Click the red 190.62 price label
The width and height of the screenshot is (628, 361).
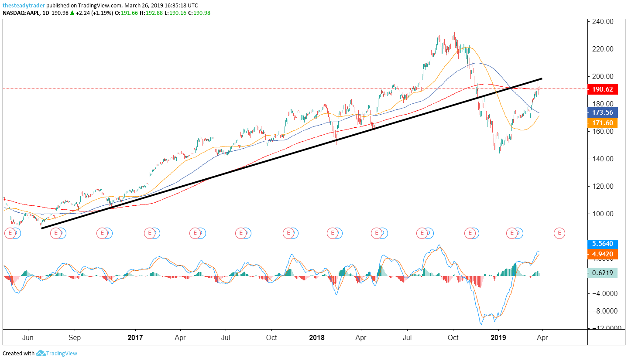[603, 89]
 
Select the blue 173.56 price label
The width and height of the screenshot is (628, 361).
[603, 112]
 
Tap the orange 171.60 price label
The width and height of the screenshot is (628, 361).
[603, 123]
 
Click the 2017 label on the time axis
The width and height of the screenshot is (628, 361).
[136, 337]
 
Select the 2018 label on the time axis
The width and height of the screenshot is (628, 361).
[317, 337]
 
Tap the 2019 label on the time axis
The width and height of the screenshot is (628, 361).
[498, 337]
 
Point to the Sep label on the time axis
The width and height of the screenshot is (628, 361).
[75, 337]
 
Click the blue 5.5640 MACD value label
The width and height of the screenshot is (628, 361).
[603, 244]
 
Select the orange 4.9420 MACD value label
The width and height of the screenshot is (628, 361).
[603, 255]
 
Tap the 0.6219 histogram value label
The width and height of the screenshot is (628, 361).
[603, 273]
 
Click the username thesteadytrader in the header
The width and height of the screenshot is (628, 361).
[24, 5]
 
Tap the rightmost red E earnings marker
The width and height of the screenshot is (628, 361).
[559, 233]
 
